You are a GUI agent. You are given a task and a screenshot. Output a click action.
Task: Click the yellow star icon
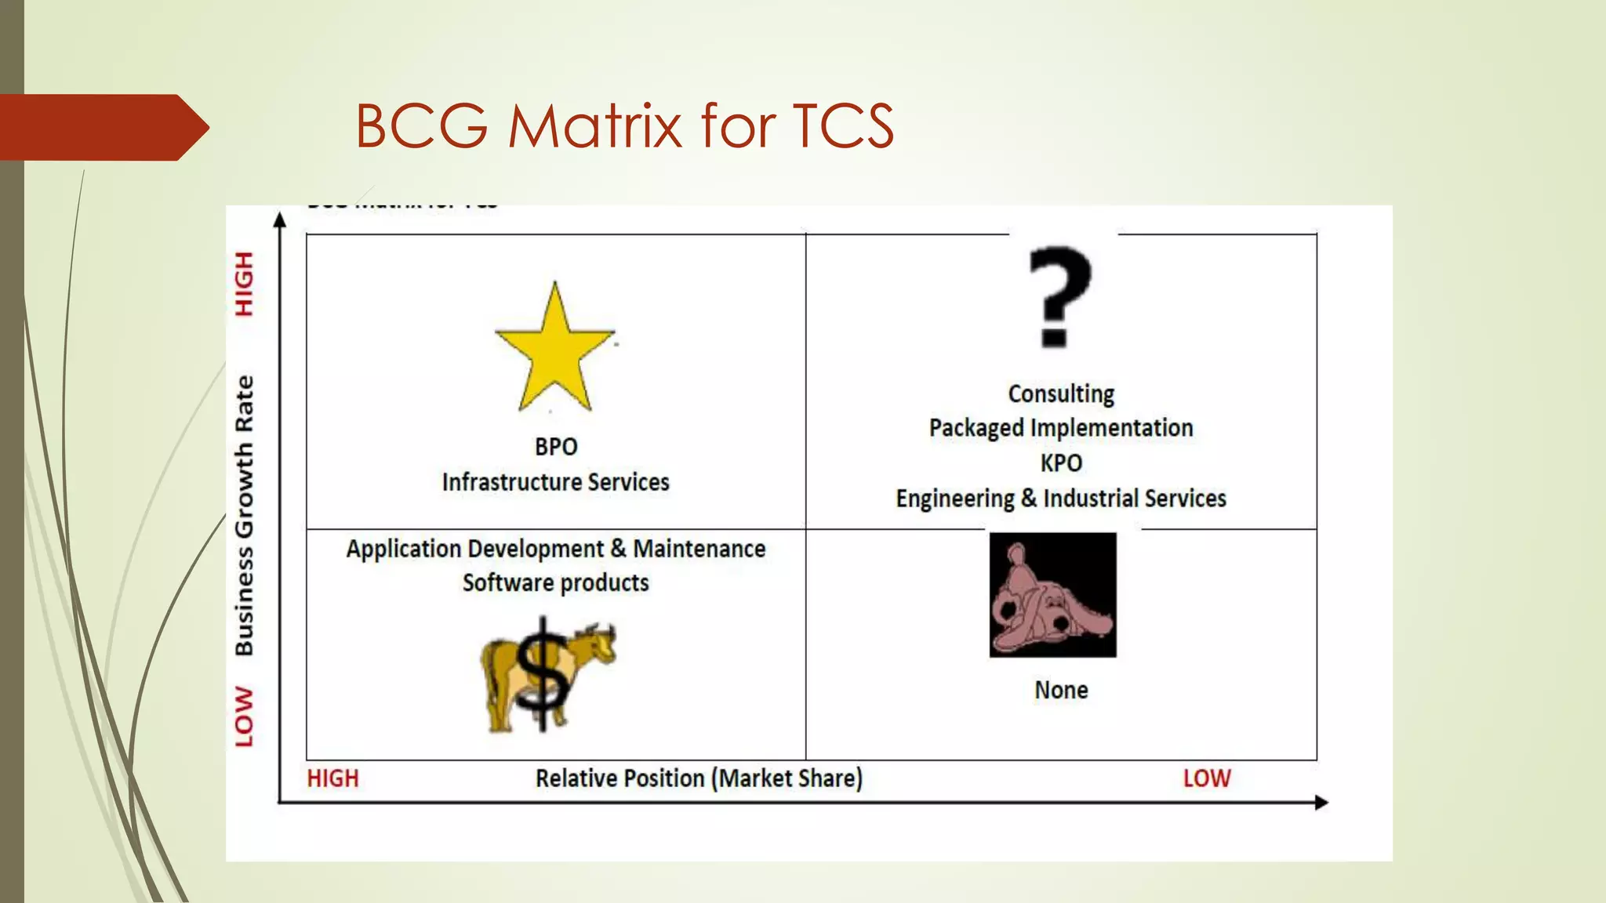point(554,350)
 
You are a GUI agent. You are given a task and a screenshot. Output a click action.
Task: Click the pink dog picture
point(1052,595)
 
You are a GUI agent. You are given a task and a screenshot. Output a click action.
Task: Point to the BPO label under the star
point(556,447)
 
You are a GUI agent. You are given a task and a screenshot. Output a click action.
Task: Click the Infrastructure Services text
point(555,482)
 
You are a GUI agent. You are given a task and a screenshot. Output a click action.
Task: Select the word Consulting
point(1061,393)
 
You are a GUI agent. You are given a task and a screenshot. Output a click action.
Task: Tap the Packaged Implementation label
point(1061,428)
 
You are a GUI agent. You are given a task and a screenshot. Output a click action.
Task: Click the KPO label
point(1061,463)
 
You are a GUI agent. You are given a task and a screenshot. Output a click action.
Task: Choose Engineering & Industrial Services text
point(1061,499)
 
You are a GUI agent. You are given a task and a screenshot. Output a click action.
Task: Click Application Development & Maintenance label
point(556,549)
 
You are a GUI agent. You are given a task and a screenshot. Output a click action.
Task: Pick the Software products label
point(556,583)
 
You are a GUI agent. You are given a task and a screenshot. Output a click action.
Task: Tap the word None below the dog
point(1061,691)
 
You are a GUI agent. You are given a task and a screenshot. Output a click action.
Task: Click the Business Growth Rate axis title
point(245,515)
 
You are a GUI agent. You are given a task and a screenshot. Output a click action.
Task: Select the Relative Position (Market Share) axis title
point(699,778)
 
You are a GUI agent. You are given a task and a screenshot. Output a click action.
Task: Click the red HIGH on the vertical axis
point(245,284)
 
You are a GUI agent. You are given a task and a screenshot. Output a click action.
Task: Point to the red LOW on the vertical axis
point(245,716)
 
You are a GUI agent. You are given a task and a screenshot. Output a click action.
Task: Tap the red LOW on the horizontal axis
point(1207,778)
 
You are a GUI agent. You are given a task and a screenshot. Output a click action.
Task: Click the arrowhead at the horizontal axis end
point(1321,803)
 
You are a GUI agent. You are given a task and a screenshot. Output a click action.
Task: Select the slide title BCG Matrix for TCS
point(624,125)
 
